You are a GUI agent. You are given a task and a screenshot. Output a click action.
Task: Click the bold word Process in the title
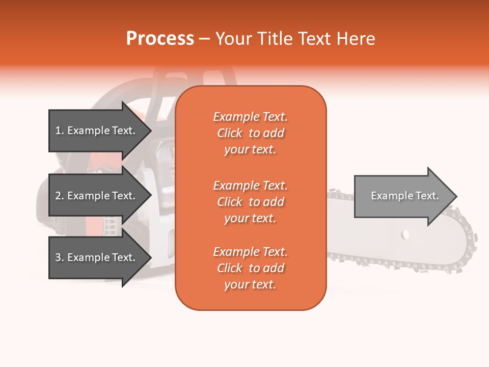click(160, 38)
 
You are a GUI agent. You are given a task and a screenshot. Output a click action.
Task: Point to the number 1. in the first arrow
click(60, 130)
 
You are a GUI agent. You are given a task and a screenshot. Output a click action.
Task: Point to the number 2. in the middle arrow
click(60, 196)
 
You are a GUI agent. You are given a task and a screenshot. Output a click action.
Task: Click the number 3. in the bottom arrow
click(60, 257)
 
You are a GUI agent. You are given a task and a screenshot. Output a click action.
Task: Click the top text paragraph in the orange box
click(250, 133)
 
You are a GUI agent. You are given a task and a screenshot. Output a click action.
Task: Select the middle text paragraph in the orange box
click(250, 202)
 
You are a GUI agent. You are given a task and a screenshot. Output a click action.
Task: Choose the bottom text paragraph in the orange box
click(250, 268)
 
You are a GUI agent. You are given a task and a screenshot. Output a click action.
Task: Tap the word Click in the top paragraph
click(230, 133)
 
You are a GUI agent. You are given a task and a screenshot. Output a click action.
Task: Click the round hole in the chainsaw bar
click(405, 234)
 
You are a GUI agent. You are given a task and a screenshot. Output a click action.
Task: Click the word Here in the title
click(357, 38)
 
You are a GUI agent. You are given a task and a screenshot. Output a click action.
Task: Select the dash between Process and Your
click(205, 39)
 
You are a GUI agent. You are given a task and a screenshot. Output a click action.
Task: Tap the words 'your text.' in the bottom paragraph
click(250, 284)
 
